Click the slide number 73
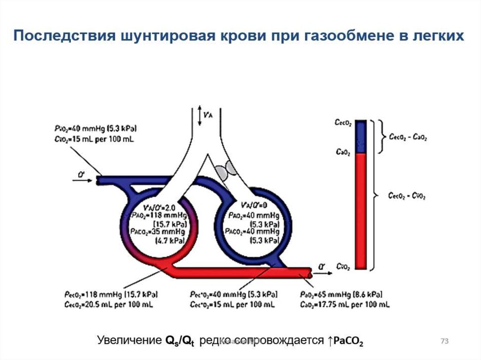click(x=444, y=341)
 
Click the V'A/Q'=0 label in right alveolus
click(x=252, y=206)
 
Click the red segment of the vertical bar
click(x=361, y=211)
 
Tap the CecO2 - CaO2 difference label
click(x=408, y=137)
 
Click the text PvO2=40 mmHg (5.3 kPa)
click(x=96, y=128)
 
